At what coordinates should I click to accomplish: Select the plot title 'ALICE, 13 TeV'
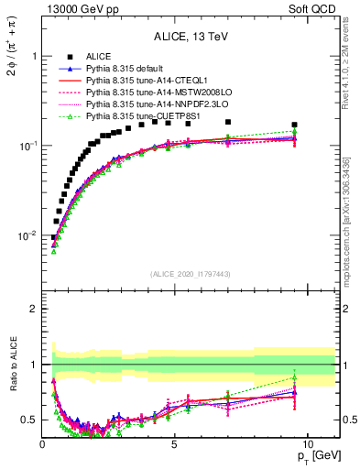click(190, 38)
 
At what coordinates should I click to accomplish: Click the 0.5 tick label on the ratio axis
click(29, 420)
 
